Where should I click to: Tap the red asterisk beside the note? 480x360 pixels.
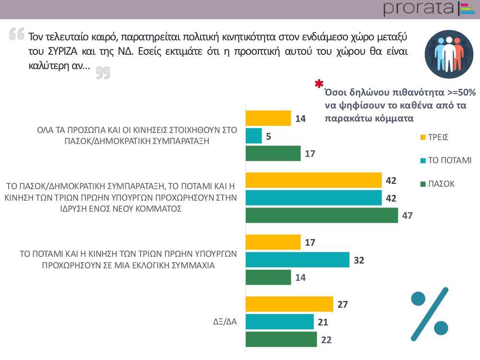319,84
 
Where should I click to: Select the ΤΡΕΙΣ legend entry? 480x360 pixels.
434,137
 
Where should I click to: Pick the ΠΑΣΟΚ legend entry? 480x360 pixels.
437,183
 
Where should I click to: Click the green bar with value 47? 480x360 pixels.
322,216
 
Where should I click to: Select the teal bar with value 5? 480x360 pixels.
253,136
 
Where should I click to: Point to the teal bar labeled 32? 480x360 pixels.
297,260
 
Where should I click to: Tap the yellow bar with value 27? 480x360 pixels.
289,304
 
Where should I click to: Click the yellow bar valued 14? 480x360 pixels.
268,118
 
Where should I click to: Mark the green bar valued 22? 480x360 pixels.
281,339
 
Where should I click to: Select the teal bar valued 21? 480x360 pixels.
279,322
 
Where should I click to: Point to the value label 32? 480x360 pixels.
359,260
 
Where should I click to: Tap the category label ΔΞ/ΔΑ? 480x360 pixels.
226,322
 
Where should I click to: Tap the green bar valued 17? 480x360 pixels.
273,154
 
